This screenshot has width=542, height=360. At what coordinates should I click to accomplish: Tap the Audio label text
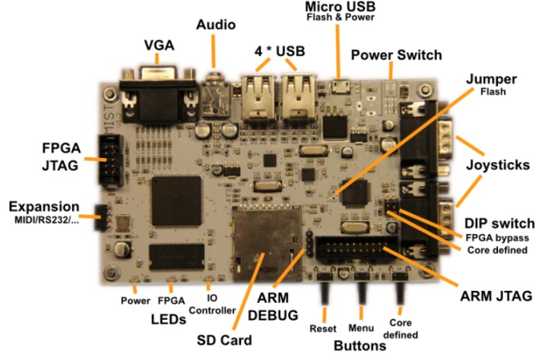pos(215,24)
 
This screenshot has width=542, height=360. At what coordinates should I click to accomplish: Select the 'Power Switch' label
pos(395,55)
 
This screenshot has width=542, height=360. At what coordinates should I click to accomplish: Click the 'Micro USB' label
pos(339,7)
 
